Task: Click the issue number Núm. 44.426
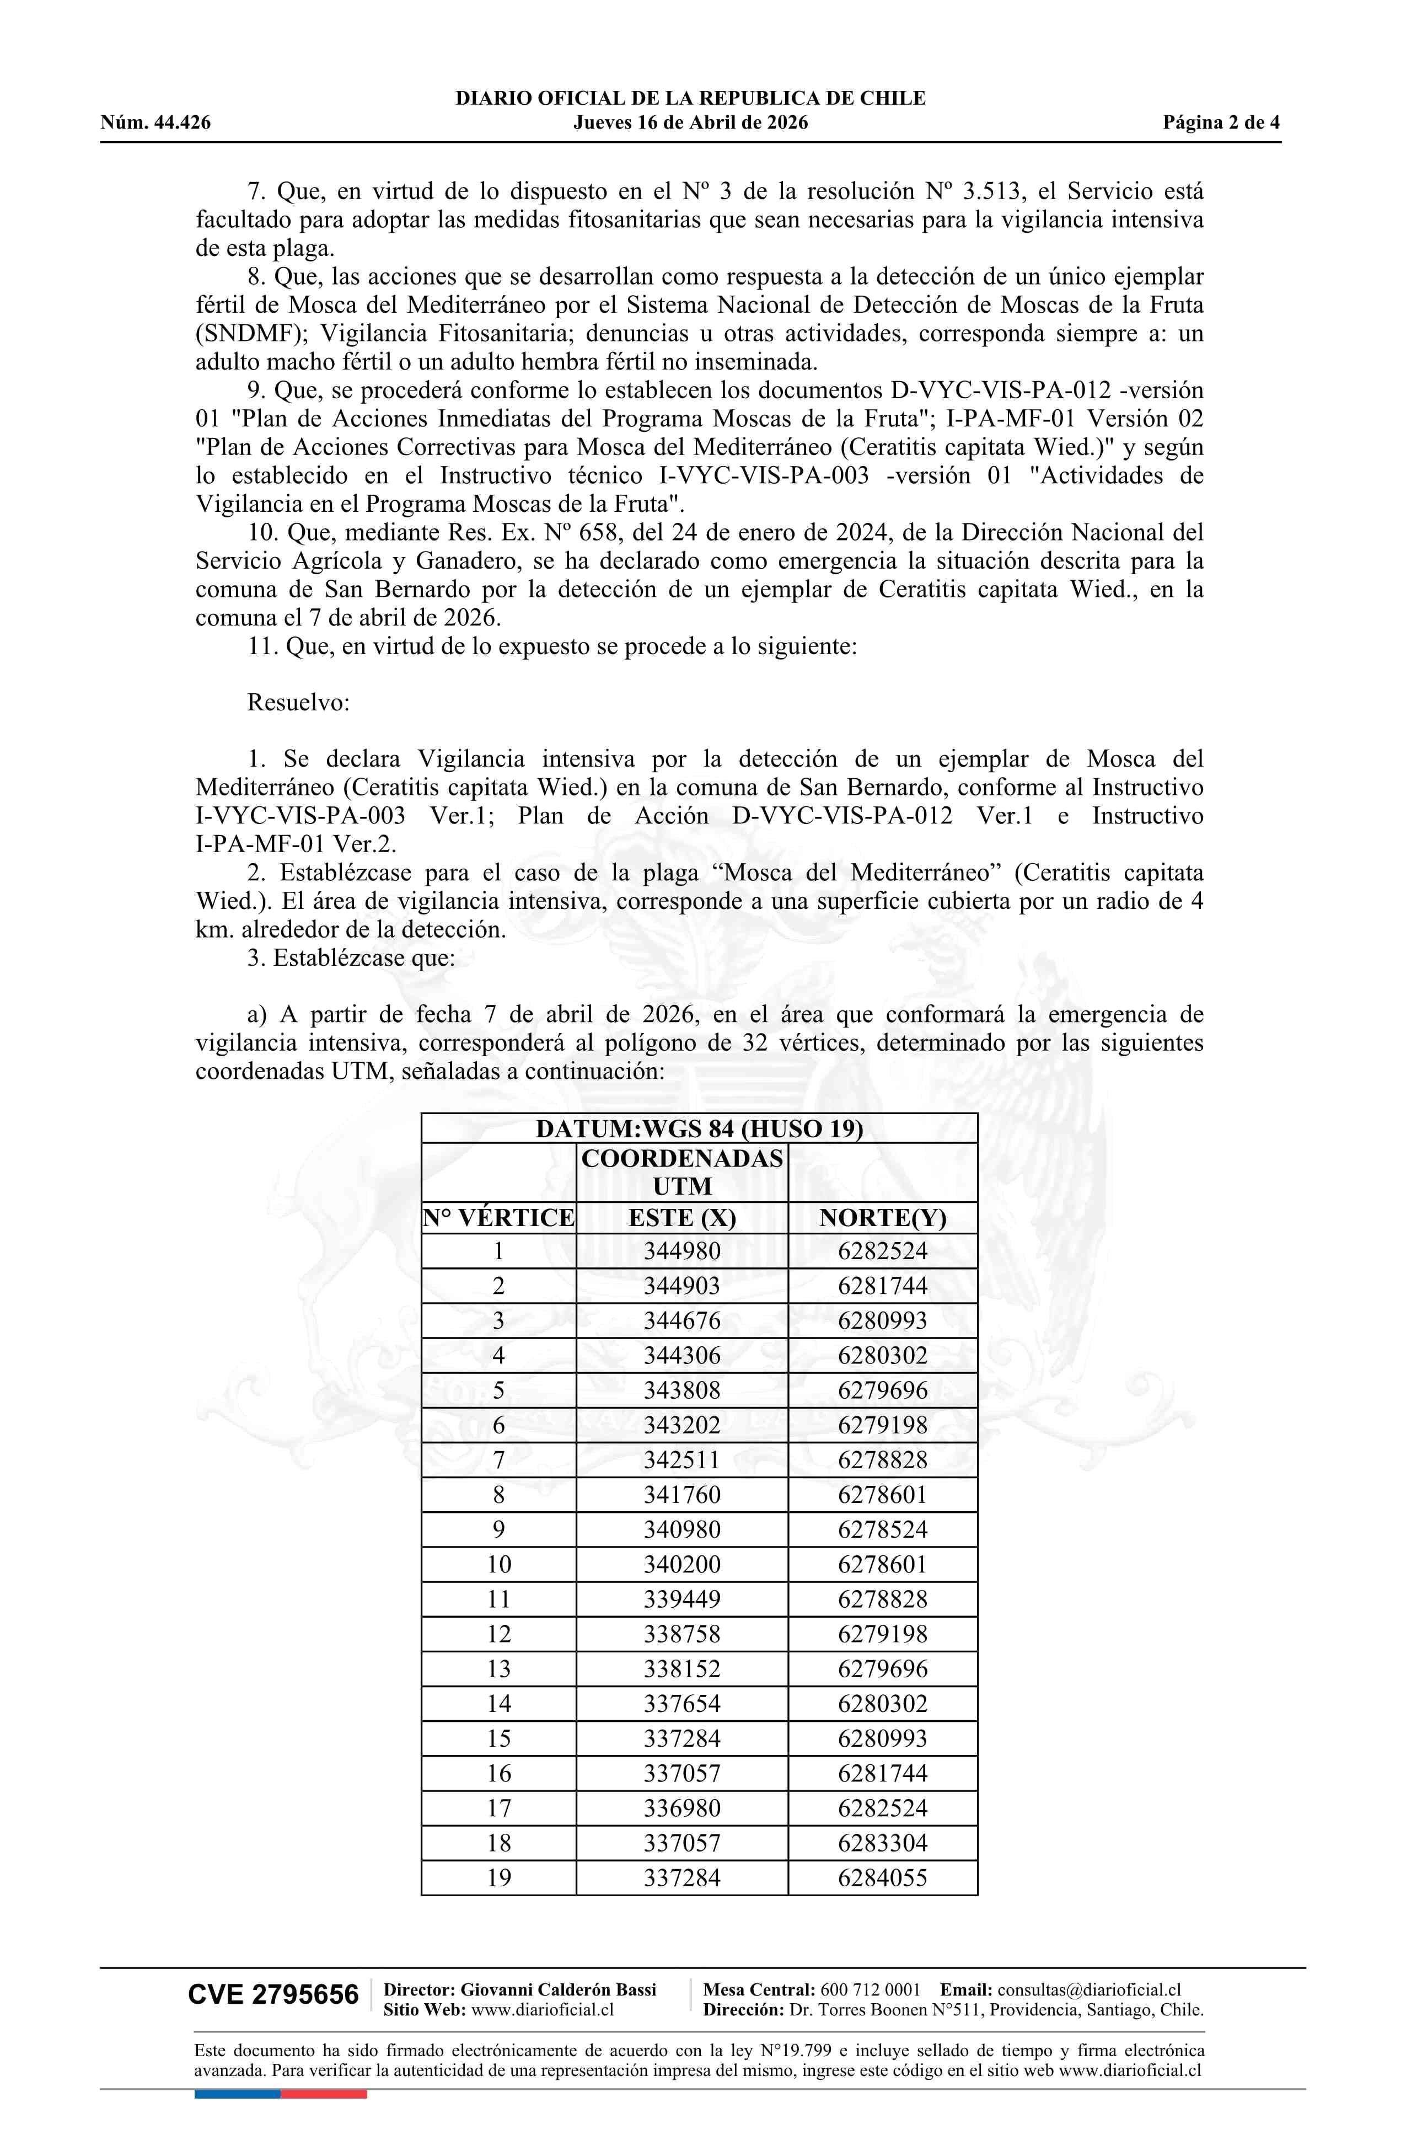[155, 123]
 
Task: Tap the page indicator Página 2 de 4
[1221, 123]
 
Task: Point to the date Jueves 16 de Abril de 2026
[690, 123]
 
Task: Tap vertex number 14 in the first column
[499, 1704]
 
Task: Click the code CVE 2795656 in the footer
[273, 1995]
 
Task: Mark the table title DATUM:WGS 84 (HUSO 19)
[699, 1129]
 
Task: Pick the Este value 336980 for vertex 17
[682, 1808]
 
